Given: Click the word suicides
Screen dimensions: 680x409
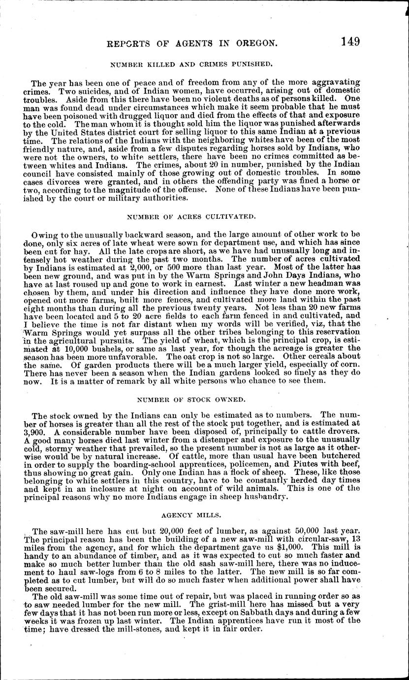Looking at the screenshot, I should tap(94, 90).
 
